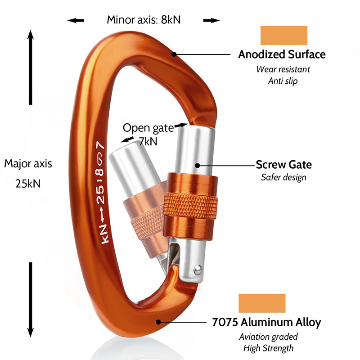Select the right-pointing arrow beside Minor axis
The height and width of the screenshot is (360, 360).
pos(211,20)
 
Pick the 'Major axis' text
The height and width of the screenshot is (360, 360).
pos(28,163)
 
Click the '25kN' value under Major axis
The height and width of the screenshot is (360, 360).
pos(28,184)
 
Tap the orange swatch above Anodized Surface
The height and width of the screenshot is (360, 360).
pos(283,36)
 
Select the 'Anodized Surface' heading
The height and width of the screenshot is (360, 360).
pos(282,55)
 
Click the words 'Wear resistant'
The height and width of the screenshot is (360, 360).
pos(283,69)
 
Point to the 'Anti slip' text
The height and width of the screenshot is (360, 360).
pos(283,81)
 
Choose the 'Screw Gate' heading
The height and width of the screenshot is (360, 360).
pos(283,165)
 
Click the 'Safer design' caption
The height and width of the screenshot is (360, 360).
pos(283,177)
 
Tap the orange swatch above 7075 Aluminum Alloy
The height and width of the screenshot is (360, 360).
pos(262,303)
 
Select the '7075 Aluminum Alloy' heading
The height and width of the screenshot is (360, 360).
pos(266,323)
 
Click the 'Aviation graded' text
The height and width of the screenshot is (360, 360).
pos(268,337)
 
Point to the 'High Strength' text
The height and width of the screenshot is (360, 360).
pos(268,348)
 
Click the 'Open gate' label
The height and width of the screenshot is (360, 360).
pos(148,128)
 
